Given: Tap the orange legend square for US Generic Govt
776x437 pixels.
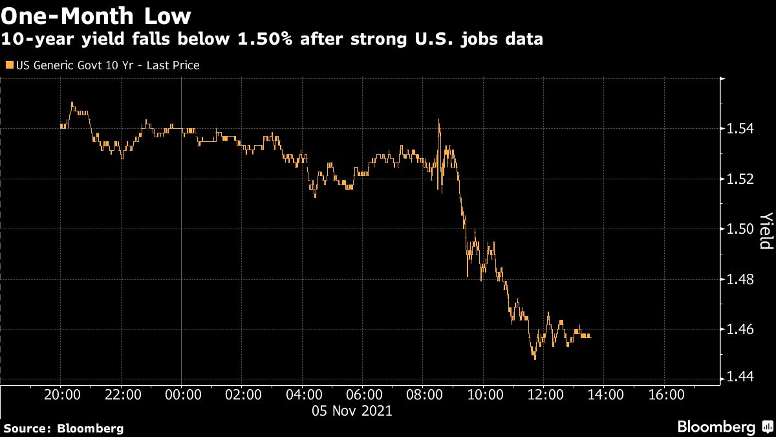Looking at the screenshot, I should pyautogui.click(x=8, y=65).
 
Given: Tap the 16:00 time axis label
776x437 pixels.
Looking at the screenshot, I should pyautogui.click(x=666, y=396).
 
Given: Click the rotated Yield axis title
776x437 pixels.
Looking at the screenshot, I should pyautogui.click(x=766, y=230).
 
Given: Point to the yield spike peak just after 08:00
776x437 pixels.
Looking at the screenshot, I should pyautogui.click(x=439, y=120).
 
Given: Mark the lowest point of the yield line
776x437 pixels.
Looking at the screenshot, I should pyautogui.click(x=534, y=358).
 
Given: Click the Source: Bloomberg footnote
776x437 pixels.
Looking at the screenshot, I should pyautogui.click(x=63, y=428).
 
